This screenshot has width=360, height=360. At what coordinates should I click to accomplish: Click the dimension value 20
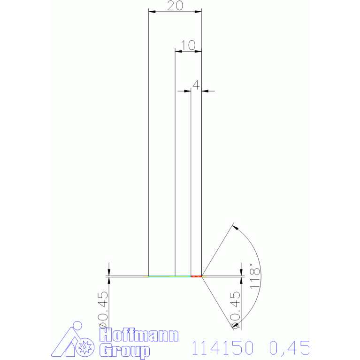(175, 6)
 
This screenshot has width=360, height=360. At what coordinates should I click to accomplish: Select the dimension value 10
(188, 45)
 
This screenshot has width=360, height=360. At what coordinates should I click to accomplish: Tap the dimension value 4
(196, 84)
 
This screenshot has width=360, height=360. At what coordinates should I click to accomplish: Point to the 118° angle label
(255, 276)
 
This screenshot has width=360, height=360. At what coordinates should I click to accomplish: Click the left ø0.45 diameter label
(103, 310)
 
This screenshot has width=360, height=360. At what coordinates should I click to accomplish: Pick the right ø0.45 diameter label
(235, 310)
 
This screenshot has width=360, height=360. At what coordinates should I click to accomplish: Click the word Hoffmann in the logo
(139, 335)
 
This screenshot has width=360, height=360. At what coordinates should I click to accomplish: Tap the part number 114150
(222, 348)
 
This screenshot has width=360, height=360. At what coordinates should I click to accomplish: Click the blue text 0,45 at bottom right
(289, 348)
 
